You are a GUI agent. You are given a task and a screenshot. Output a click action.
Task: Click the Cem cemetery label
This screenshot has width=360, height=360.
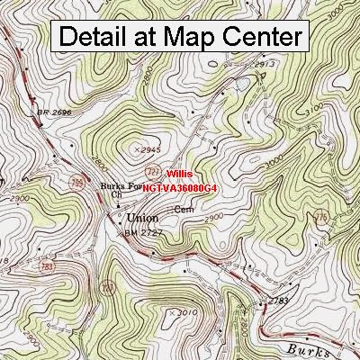[184, 209]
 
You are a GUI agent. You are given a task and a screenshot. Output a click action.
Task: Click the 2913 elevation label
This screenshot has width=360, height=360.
[264, 66]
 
